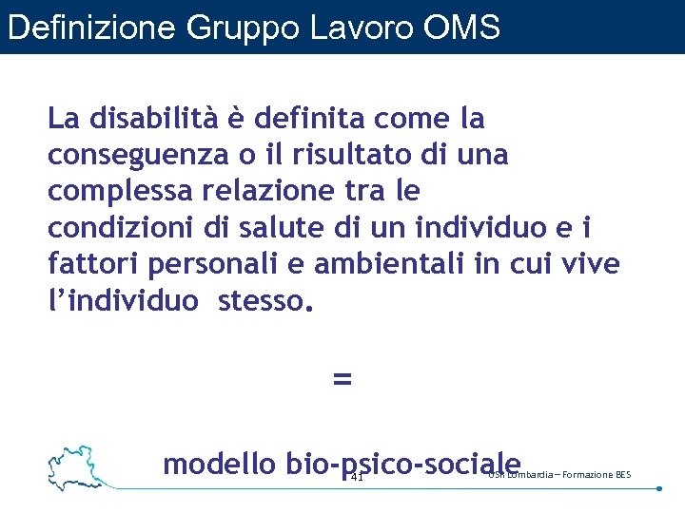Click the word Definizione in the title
[91, 28]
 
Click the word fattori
[88, 263]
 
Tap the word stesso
[264, 300]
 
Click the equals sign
[342, 379]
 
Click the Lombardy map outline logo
[78, 466]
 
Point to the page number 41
[357, 477]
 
